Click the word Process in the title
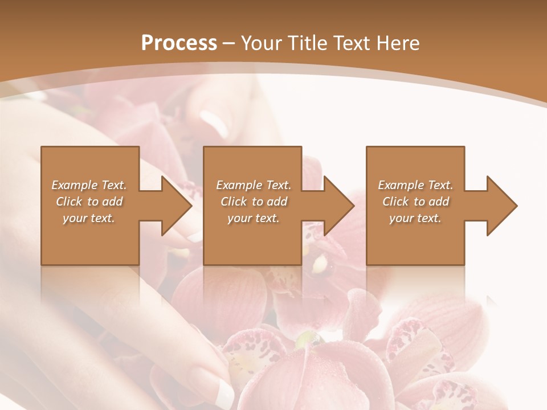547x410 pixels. point(179,43)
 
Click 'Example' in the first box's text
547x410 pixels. point(75,185)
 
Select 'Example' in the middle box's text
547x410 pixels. point(239,185)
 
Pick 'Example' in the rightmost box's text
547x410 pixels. point(401,185)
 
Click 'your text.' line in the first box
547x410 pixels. point(89,218)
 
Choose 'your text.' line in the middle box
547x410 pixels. point(253,218)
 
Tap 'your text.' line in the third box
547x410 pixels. point(415,218)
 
